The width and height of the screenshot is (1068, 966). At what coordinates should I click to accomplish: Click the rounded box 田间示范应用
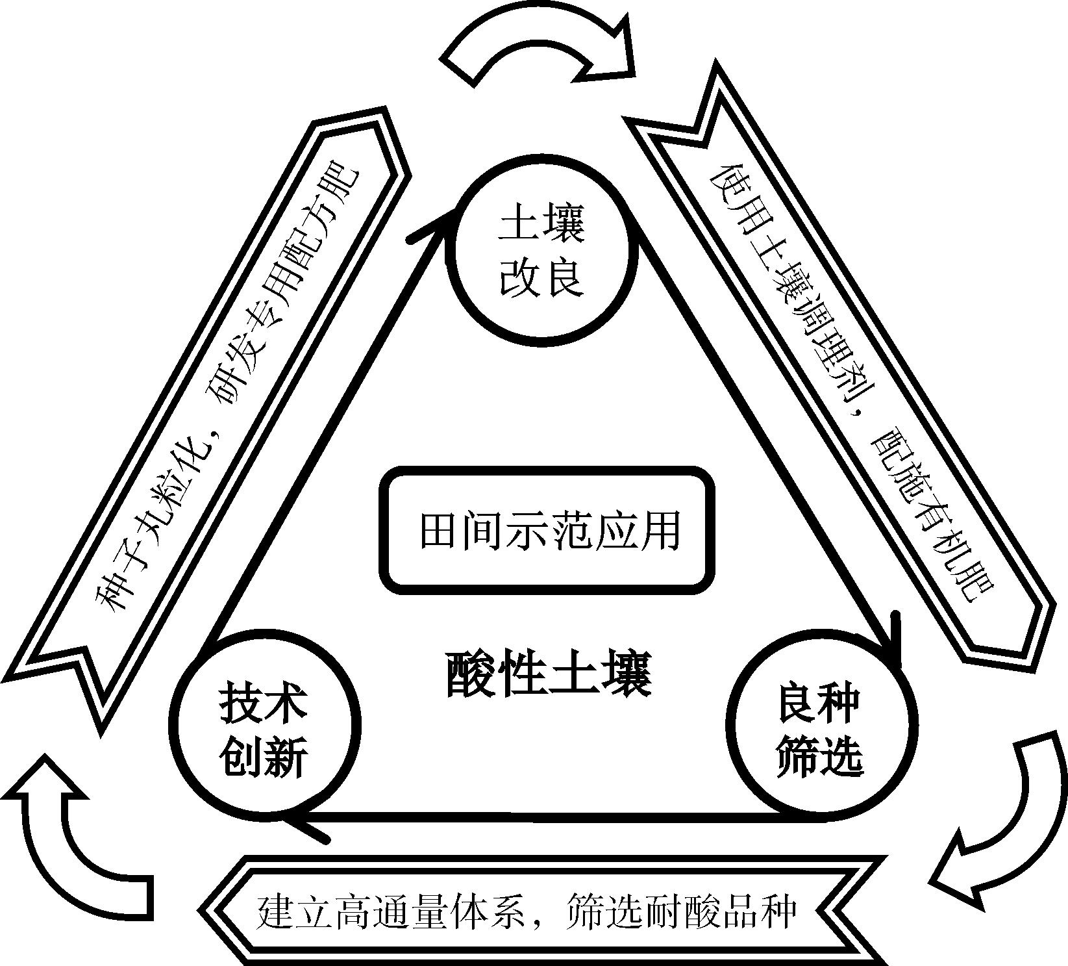pos(547,529)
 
